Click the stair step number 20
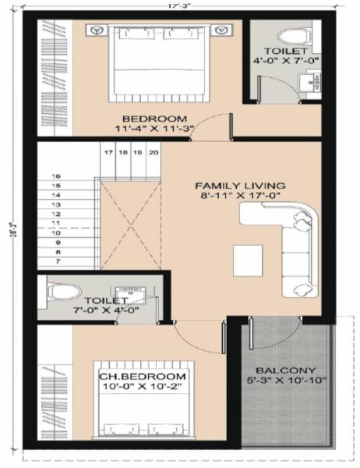(x=153, y=153)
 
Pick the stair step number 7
(x=55, y=262)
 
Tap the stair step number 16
(x=55, y=176)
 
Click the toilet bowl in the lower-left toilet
(x=62, y=291)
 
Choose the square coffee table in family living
(x=247, y=260)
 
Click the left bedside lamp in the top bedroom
(x=97, y=31)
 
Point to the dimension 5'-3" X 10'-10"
(x=287, y=381)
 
